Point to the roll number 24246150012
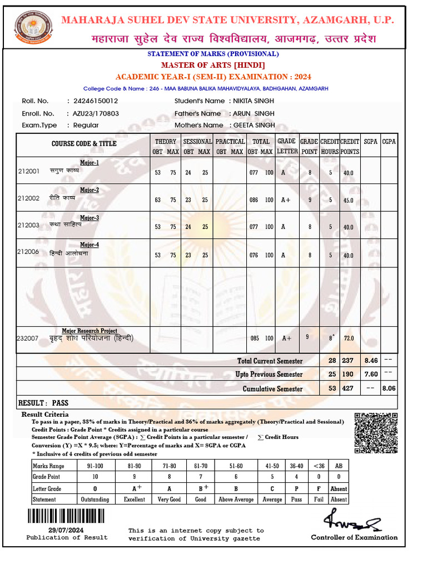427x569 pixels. click(92, 101)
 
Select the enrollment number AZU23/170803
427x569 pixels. click(96, 113)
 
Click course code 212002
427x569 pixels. click(28, 198)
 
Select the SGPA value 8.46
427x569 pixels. click(371, 361)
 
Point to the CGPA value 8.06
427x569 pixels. click(389, 388)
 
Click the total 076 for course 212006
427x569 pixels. click(254, 256)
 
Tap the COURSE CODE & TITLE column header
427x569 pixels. click(84, 144)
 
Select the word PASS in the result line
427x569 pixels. click(59, 403)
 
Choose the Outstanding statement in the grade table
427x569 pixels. click(95, 500)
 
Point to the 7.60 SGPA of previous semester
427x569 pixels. click(371, 374)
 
